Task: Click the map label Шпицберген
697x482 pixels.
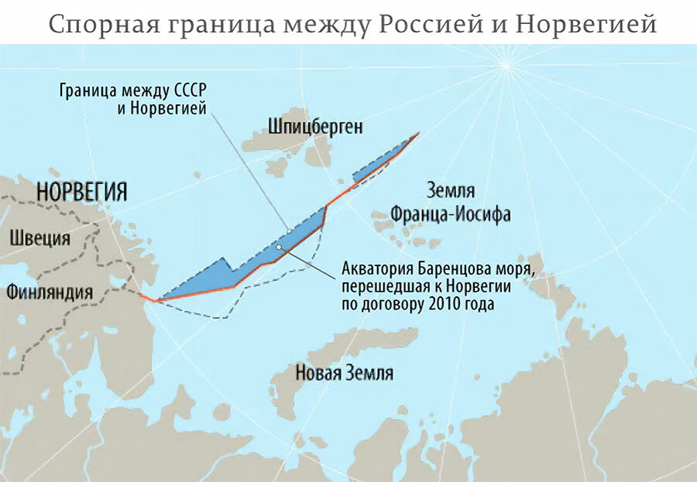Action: coord(315,126)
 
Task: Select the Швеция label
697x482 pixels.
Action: coord(39,238)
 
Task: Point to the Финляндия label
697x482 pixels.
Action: coord(50,292)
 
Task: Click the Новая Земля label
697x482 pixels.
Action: coord(344,373)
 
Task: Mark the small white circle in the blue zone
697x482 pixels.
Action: coord(277,248)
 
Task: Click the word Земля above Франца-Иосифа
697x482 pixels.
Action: coord(451,191)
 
